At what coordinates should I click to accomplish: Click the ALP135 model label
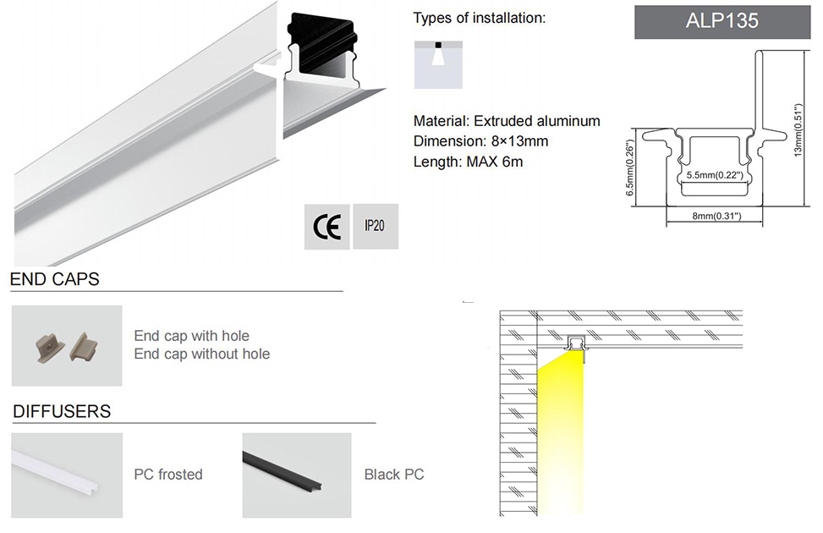(x=721, y=21)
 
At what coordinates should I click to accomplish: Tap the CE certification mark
(x=327, y=227)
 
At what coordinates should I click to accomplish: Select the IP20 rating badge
(x=375, y=227)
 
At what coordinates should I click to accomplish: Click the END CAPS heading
(x=55, y=278)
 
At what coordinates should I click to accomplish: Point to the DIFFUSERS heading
(x=62, y=412)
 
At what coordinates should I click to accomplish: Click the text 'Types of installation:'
(x=480, y=18)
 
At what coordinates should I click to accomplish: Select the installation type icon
(x=438, y=63)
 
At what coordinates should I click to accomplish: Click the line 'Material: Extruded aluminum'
(x=507, y=121)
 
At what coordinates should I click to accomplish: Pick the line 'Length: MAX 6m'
(x=469, y=162)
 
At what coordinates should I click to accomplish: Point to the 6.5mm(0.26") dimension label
(x=630, y=169)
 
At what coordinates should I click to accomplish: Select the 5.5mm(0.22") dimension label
(x=715, y=176)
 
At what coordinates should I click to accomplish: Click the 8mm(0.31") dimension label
(x=716, y=217)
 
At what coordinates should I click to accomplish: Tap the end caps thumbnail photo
(x=67, y=345)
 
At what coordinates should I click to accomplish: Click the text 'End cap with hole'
(x=192, y=336)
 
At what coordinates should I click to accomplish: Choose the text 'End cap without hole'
(x=202, y=354)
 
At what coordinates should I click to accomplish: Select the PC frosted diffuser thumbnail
(x=67, y=475)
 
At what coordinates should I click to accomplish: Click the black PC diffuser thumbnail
(x=296, y=475)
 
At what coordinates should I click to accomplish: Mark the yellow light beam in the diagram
(x=561, y=431)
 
